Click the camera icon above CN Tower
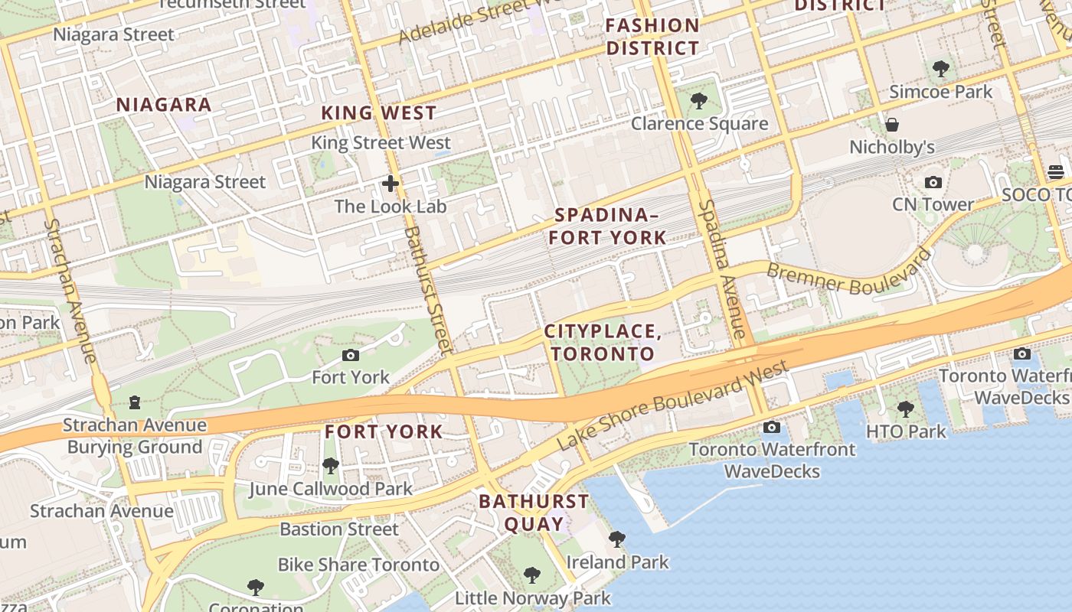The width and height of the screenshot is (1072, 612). [x=933, y=182]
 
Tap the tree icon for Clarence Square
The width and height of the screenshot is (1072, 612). [x=698, y=100]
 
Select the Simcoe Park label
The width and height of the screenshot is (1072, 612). [x=940, y=92]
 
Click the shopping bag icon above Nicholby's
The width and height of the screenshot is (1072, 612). [x=891, y=125]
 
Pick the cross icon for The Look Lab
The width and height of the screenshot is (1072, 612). [x=391, y=184]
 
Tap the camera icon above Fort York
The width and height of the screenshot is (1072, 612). [x=351, y=355]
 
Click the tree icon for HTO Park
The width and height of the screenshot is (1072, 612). [x=906, y=409]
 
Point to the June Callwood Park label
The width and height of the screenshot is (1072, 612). [x=330, y=489]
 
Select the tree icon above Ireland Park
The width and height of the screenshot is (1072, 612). [x=617, y=539]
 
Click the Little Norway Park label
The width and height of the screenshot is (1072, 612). [x=533, y=597]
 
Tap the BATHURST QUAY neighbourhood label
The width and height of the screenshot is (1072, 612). [x=534, y=513]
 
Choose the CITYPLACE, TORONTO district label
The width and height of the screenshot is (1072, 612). [x=603, y=343]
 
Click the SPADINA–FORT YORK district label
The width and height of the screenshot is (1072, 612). [x=607, y=226]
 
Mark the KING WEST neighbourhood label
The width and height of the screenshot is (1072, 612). [x=378, y=113]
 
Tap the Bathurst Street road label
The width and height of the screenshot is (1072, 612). [x=424, y=290]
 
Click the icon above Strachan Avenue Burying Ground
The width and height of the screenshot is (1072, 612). [x=135, y=402]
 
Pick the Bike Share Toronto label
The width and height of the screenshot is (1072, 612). [x=358, y=565]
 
